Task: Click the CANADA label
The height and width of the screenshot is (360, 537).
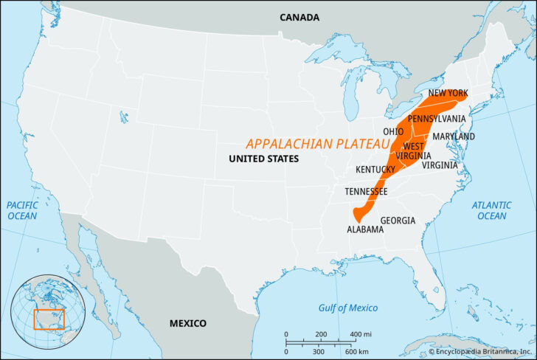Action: pos(299,16)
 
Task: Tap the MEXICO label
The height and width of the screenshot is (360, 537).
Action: pos(188,323)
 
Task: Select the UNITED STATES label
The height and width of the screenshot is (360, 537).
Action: pos(263,159)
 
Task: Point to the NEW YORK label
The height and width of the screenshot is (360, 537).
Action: pos(448,94)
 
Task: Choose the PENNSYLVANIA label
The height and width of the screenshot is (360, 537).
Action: pos(437,118)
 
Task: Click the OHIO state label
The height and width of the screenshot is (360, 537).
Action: pos(392,132)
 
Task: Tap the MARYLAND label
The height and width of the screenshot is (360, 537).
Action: pos(454,136)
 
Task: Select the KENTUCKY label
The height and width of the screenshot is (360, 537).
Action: pos(376,170)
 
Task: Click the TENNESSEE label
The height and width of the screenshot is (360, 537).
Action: pos(366,192)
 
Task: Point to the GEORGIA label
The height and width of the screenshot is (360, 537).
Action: pos(398,221)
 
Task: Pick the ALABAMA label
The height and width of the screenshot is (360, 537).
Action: pos(365,229)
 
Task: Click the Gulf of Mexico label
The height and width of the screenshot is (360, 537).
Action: pos(348,308)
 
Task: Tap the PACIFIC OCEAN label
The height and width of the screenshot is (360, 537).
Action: pos(22,210)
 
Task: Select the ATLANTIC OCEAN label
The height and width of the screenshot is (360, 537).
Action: pos(491,210)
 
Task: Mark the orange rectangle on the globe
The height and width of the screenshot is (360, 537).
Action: pos(49,319)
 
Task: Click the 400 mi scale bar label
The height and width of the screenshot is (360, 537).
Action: pos(361,334)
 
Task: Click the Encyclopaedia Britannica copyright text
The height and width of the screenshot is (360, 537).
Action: pos(479,353)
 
